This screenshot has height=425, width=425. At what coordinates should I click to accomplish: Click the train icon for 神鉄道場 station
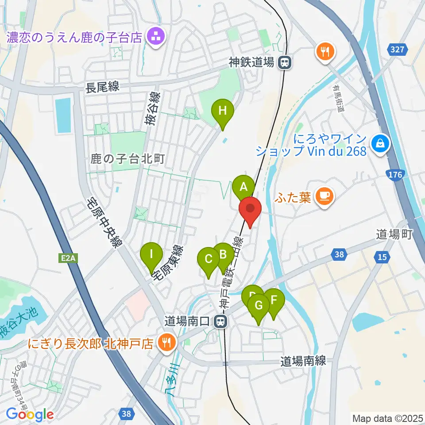(285, 63)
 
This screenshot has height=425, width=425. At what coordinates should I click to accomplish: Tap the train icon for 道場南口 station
(220, 321)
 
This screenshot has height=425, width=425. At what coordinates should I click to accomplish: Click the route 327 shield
(397, 50)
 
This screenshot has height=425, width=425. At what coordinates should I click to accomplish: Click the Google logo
(30, 414)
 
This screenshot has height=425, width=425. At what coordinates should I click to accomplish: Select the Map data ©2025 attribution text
(387, 417)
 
